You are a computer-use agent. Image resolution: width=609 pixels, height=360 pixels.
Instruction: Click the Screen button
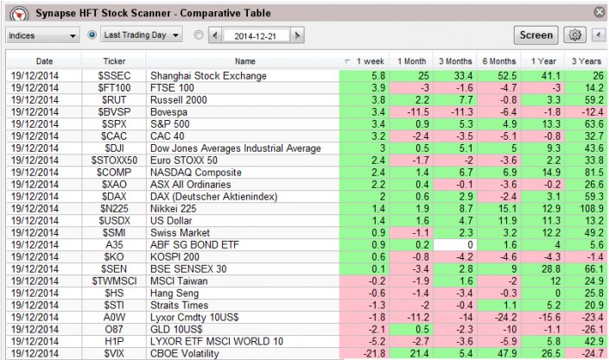536,35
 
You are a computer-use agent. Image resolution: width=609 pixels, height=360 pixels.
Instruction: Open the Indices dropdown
42,35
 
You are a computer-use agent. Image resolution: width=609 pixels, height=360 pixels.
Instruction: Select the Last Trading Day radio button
92,35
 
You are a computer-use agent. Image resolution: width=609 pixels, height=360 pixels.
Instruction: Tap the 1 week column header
363,61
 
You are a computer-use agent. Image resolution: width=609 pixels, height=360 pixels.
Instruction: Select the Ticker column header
114,61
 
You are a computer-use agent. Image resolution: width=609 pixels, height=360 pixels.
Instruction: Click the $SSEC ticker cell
114,76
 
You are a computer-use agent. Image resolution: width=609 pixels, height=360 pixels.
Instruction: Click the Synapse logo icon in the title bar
14,14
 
